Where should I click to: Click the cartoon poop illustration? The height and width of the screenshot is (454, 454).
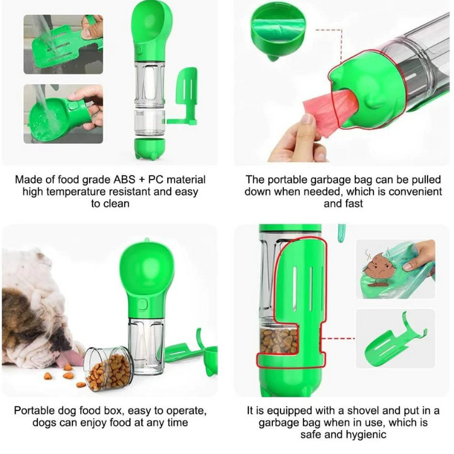380,264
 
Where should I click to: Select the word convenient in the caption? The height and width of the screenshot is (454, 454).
413,192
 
